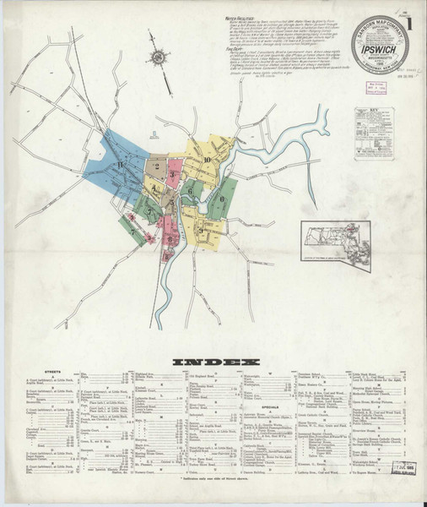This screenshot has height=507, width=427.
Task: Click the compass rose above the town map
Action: pyautogui.click(x=158, y=58)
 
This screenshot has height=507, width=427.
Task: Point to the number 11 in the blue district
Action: pyautogui.click(x=122, y=163)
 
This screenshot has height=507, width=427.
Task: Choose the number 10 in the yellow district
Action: pyautogui.click(x=207, y=159)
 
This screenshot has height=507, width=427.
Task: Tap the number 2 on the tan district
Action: pyautogui.click(x=157, y=166)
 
